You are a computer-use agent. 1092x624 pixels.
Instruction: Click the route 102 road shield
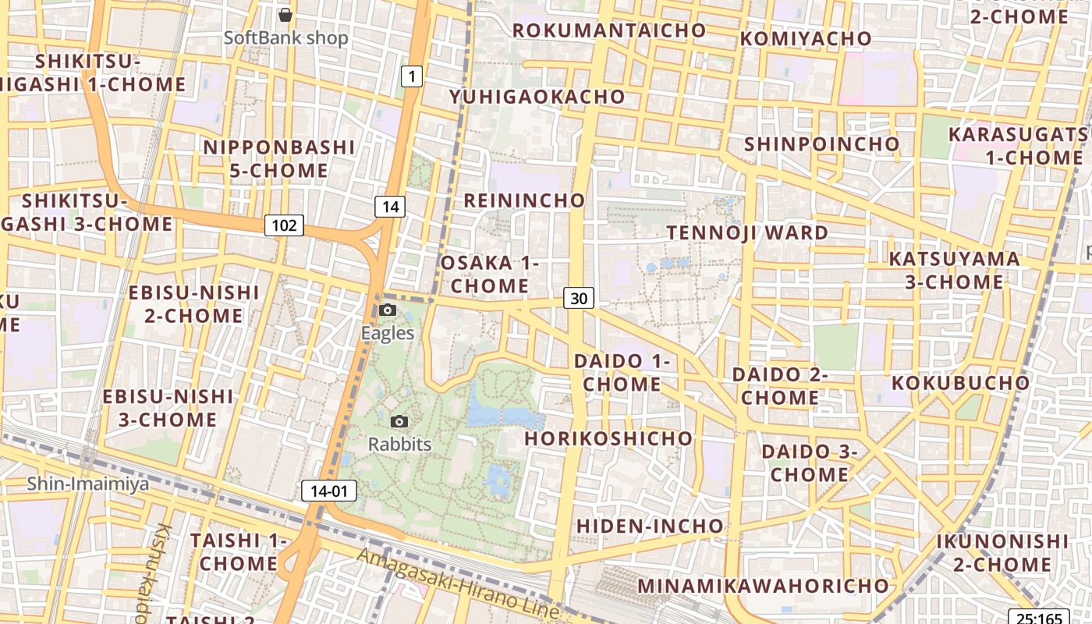coord(284,225)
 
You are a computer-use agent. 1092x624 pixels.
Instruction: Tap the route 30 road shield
coord(578,297)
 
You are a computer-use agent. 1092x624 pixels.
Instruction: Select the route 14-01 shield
coord(329,491)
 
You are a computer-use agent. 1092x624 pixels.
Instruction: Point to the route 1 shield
coord(412,76)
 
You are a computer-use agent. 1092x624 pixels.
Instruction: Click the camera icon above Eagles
coord(387,310)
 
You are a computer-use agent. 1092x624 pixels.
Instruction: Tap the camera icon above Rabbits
coord(399,421)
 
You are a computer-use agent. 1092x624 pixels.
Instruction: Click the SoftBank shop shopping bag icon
coord(285,14)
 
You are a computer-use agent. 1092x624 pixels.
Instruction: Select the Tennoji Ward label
coord(747,232)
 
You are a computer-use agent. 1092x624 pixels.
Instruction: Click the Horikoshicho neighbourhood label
coord(608,438)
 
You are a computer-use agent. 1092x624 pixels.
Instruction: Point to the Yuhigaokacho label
coord(537,97)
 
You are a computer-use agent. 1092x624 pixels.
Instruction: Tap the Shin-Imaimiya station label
coord(87,484)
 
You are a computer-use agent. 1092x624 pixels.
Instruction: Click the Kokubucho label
coord(960,383)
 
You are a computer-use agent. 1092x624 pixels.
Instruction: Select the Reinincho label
coord(524,200)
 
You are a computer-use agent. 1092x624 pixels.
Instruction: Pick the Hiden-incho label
coord(650,526)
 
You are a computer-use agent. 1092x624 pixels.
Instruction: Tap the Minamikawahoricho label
coord(763,585)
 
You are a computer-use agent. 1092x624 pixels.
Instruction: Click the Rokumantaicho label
coord(609,30)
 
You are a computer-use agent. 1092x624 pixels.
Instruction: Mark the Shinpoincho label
coord(821,144)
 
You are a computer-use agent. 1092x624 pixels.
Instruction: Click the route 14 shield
coord(390,206)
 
